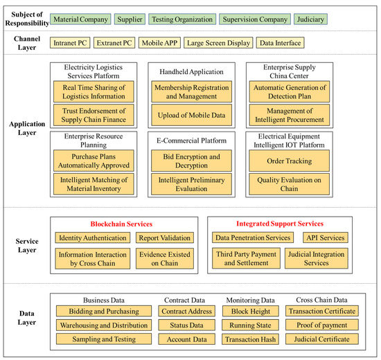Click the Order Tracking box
(290, 161)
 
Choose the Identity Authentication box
(92, 238)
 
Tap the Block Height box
(251, 312)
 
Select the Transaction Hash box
(251, 339)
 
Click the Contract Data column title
(184, 300)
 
